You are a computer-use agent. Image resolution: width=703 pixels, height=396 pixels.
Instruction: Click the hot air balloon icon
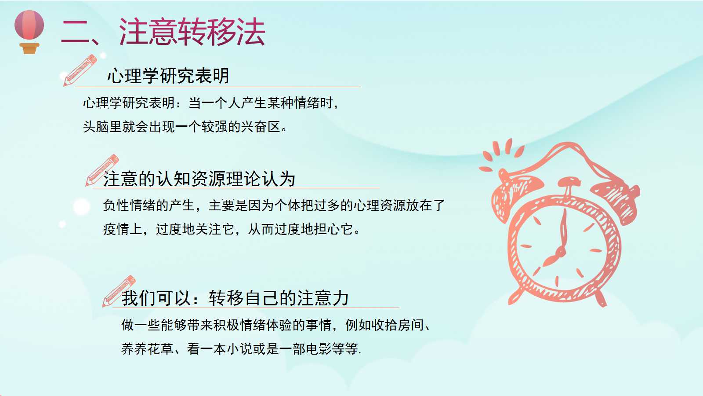[x=29, y=32]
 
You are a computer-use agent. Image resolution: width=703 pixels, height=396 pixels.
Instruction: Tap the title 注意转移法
[x=192, y=32]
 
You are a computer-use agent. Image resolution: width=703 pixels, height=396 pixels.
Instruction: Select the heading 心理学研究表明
[x=168, y=76]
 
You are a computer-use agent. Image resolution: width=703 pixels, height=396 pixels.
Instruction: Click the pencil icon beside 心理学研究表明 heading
[x=80, y=70]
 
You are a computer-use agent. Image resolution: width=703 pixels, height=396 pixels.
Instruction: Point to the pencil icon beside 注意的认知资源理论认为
[x=102, y=170]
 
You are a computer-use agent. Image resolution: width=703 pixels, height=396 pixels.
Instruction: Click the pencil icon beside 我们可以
[x=119, y=291]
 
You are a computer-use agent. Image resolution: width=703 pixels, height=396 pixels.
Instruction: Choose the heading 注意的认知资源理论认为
[x=199, y=179]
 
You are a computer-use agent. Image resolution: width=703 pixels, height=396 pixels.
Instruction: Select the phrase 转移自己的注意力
[x=279, y=298]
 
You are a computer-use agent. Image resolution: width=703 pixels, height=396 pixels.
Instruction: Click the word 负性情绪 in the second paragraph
[x=129, y=205]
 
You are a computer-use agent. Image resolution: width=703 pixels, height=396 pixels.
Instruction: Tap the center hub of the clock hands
[x=560, y=252]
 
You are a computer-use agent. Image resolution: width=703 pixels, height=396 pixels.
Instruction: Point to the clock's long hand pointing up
[x=563, y=229]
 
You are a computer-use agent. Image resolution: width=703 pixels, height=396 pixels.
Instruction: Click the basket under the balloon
[x=29, y=48]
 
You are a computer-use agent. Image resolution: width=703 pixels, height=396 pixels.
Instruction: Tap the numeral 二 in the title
[x=76, y=32]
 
